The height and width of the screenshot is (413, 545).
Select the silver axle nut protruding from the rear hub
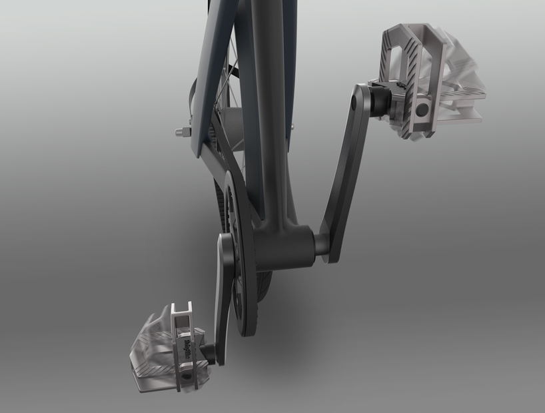(x=180, y=131)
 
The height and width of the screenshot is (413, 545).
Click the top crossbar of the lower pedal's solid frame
(x=181, y=308)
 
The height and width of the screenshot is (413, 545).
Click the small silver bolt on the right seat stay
(x=292, y=123)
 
